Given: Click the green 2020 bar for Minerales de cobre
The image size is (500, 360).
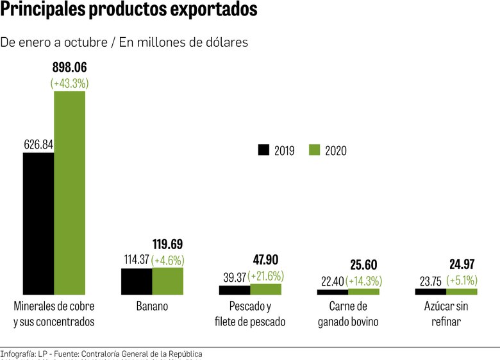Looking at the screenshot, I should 69,192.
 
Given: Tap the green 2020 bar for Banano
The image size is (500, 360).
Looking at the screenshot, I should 168,281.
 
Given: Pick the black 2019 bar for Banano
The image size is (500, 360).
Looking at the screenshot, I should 137,281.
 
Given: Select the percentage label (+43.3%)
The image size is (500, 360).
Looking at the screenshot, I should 69,83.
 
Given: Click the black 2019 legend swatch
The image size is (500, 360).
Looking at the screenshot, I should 263,150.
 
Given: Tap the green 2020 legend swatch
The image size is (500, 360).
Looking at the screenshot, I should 314,150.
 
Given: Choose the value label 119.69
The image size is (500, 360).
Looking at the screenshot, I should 168,244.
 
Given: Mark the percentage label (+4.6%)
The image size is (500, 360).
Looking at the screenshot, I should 168,260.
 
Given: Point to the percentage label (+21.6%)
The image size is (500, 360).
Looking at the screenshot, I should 266,276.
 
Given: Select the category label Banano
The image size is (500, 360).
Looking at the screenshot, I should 152,306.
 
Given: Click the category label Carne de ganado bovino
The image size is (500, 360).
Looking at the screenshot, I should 348,314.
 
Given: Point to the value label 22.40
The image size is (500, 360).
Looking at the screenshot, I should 331,281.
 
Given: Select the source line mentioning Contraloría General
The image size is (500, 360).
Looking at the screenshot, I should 101,354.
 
